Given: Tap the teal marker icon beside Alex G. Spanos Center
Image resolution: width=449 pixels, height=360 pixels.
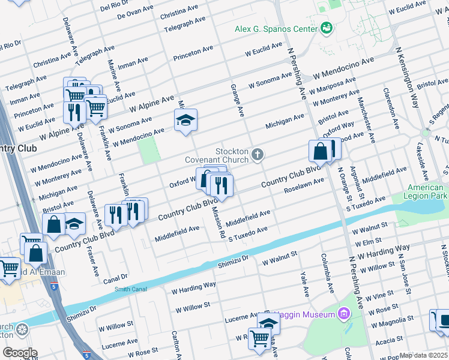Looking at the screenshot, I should coord(327,28).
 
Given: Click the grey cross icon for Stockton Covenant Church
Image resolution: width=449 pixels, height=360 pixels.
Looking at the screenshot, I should coord(258,155).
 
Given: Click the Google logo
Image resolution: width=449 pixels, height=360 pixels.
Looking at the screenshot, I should coord(20,353).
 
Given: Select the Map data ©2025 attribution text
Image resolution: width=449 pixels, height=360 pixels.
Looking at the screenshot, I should coord(424,355).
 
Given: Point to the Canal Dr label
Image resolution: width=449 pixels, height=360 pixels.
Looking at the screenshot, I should coord(116,277).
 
